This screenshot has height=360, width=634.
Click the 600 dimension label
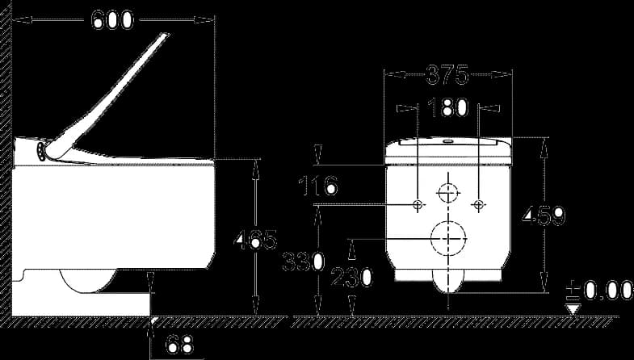(112, 20)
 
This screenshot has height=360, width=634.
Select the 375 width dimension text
(447, 74)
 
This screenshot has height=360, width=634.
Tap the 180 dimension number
(447, 107)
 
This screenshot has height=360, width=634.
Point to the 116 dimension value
(318, 186)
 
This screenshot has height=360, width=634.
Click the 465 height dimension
(255, 241)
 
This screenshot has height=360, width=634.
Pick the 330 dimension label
(303, 262)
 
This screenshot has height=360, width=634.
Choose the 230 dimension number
(352, 278)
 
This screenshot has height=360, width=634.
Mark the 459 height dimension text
(544, 215)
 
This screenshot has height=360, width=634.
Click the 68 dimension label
(179, 344)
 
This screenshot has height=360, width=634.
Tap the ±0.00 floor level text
(599, 290)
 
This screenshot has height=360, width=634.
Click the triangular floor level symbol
(573, 310)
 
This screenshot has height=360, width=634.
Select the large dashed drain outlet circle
(448, 238)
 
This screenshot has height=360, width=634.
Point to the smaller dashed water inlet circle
(448, 193)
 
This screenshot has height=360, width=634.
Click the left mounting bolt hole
(418, 205)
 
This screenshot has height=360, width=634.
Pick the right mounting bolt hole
(479, 205)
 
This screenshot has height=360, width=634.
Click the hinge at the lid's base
(41, 152)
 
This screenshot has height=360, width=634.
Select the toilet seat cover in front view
(448, 151)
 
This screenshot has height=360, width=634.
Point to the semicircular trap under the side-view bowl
(88, 280)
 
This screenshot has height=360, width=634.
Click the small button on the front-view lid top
(448, 141)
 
